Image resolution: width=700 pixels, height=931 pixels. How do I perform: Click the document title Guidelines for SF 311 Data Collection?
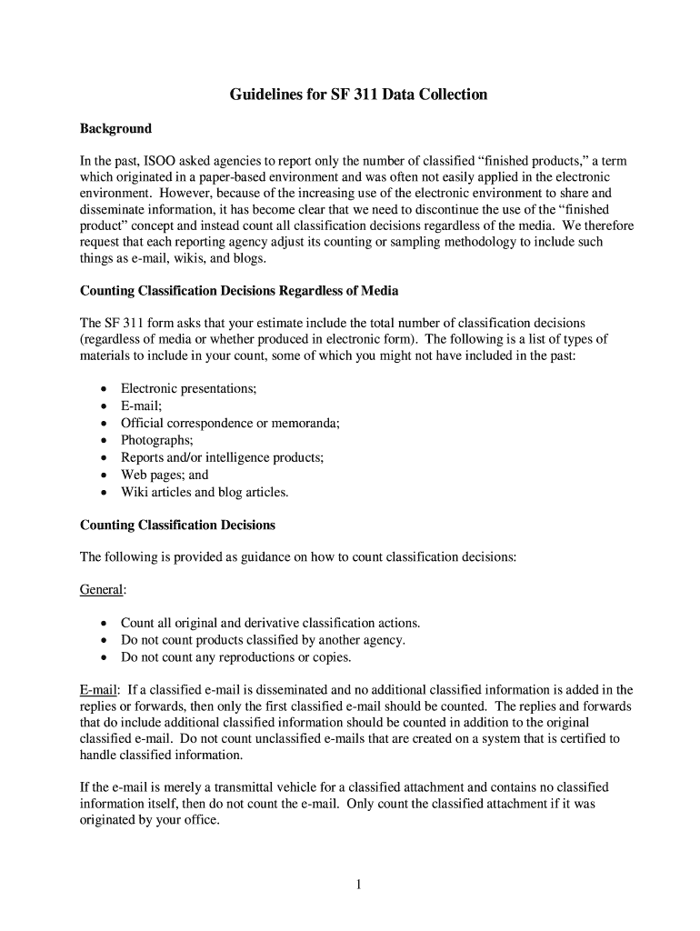point(358,95)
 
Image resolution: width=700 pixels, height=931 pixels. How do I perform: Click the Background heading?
point(115,128)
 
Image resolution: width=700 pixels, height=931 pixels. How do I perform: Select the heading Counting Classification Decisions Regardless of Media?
point(239,291)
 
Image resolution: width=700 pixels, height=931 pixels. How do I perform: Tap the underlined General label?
point(101,589)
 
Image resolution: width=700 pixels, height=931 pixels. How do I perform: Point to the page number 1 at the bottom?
point(359,886)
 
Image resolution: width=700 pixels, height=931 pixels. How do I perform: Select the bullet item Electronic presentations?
point(188,388)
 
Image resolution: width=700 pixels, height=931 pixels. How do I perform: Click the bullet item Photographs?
point(156,440)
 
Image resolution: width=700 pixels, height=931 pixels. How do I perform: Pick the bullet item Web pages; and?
point(165,475)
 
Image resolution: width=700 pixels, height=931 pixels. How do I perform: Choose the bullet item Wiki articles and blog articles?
point(205,492)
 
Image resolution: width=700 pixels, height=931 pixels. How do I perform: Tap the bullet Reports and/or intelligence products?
point(222,457)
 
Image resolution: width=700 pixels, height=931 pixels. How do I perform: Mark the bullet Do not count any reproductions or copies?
point(235,657)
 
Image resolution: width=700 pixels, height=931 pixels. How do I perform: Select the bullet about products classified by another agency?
point(263,640)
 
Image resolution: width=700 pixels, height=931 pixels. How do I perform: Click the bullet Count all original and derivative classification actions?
point(270,623)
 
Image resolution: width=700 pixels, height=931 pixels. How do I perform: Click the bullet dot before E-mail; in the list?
point(104,406)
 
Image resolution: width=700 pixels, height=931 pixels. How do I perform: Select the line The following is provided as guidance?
point(297,556)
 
